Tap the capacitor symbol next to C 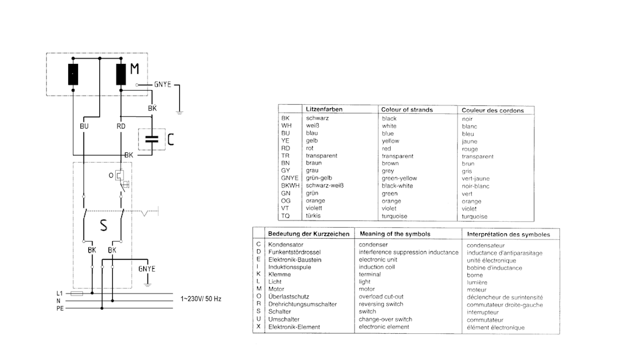point(152,139)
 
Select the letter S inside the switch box point(104,226)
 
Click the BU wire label point(84,126)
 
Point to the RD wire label point(121,126)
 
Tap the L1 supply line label point(59,293)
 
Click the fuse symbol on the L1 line point(77,293)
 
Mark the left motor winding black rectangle point(73,74)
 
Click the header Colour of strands point(406,110)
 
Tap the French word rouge point(470,149)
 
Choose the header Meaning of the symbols point(395,233)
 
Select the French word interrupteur point(483,312)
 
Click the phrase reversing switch point(381,304)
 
